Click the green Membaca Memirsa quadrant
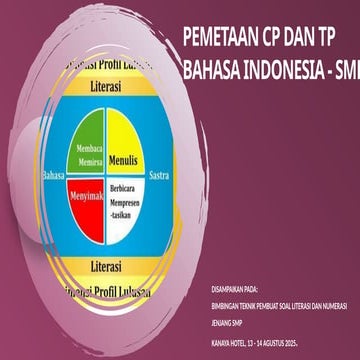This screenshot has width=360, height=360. [x=85, y=150]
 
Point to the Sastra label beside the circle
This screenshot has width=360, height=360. [x=158, y=175]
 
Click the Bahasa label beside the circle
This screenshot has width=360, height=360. [x=53, y=175]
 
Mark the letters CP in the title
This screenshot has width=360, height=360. [x=271, y=38]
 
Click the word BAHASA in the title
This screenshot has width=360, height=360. [x=213, y=71]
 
